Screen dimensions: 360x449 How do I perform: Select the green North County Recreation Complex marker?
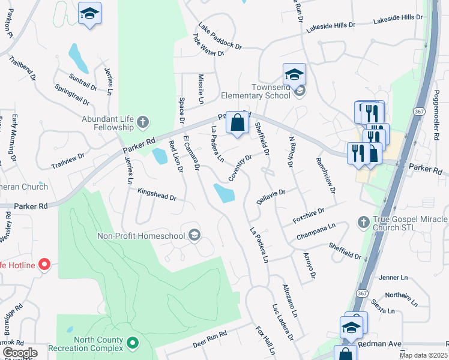133,344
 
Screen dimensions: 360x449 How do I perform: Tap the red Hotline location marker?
44,264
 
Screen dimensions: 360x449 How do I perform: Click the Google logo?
20,353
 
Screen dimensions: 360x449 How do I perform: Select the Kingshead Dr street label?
157,197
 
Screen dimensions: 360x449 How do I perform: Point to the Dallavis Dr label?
270,196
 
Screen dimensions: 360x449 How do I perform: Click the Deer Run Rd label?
209,340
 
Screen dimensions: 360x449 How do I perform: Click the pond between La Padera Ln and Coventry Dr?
224,193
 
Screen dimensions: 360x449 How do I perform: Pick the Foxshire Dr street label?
308,215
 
